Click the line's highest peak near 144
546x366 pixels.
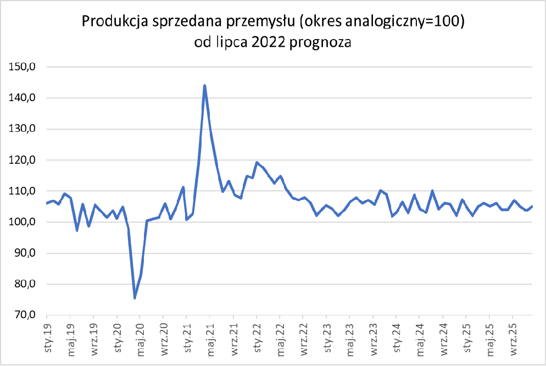204,86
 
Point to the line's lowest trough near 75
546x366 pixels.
135,298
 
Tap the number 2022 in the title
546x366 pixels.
271,42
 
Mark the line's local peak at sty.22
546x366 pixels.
257,163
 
